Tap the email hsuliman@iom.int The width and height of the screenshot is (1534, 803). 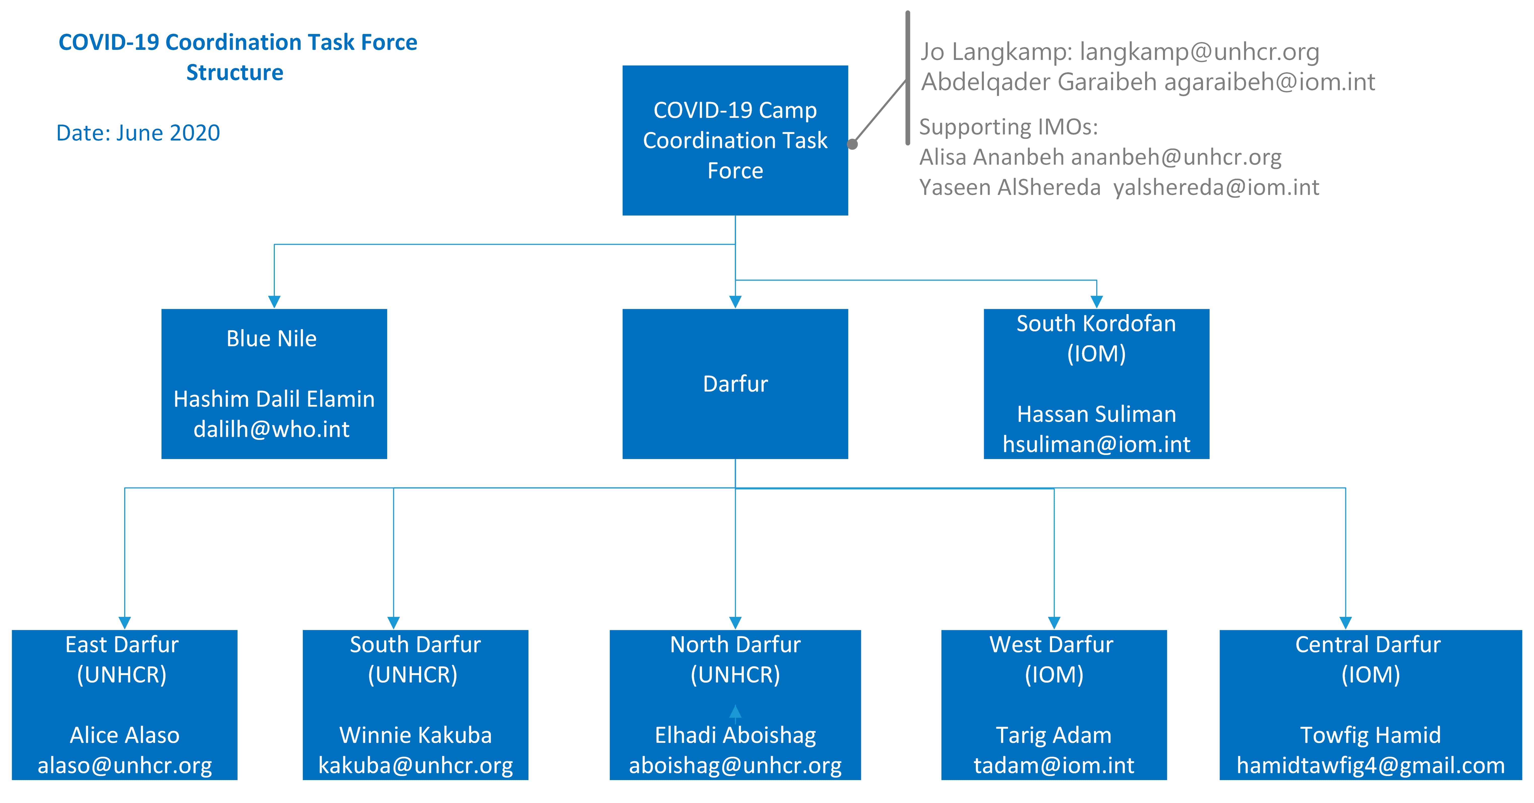(x=1096, y=444)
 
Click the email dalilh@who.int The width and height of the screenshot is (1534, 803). (x=272, y=429)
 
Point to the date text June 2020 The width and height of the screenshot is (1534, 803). (x=169, y=133)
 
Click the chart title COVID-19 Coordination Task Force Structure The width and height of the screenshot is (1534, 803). (x=238, y=57)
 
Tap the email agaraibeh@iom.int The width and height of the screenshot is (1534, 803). (x=1270, y=82)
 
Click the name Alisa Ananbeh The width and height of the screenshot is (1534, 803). (x=991, y=157)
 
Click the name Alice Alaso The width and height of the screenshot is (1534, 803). (x=124, y=735)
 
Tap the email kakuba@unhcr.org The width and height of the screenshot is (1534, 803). (x=416, y=765)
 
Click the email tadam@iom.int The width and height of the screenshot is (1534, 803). (x=1054, y=765)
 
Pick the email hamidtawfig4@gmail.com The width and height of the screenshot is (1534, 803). (x=1371, y=765)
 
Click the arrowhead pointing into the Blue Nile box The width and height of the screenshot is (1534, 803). (x=274, y=302)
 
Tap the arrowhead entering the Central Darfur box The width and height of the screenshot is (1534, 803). (x=1345, y=623)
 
